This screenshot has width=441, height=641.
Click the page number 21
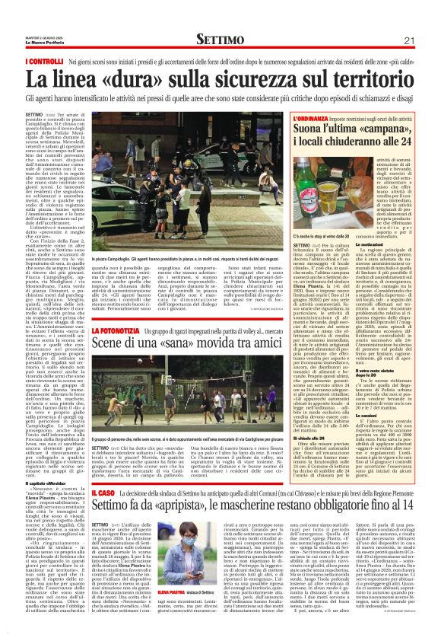click(429, 40)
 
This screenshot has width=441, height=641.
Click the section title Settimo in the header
click(220, 40)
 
